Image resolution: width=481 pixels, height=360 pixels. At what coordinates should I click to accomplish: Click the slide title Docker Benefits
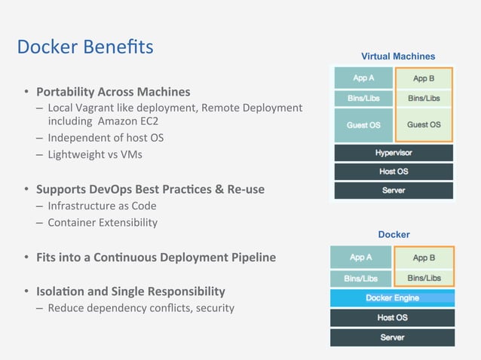coord(85,47)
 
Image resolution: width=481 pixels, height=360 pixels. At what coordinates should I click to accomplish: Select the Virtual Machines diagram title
coord(397,56)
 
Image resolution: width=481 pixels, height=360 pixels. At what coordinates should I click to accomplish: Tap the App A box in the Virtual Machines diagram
coord(363,78)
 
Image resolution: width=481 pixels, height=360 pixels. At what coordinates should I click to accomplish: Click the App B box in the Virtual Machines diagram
coord(424,78)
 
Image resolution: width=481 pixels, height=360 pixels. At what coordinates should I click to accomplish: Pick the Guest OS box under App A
coord(363,124)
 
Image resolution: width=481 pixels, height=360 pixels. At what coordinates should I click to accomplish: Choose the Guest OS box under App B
coord(424,124)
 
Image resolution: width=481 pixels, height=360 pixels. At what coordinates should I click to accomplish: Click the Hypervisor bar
coord(393,153)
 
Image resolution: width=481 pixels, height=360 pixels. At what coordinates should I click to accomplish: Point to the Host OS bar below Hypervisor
coord(393,172)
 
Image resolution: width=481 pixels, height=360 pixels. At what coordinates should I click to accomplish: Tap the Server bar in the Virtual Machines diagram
coord(393,191)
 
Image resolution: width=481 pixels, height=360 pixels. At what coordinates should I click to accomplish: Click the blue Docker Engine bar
coord(392,298)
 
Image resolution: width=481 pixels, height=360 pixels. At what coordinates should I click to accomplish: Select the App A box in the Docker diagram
coord(360,258)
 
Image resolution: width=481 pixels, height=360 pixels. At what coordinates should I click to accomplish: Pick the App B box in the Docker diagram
coord(424,258)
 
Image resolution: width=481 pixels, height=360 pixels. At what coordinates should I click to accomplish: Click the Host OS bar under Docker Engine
coord(392,318)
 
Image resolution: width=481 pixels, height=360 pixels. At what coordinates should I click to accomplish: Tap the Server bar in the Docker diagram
coord(392,337)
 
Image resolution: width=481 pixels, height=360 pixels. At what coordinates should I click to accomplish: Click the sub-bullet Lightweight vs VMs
coord(94,154)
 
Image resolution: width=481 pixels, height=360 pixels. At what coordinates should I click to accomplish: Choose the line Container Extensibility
coord(103,222)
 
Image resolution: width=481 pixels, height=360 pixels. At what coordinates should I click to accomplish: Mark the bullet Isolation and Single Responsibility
coord(130,291)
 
